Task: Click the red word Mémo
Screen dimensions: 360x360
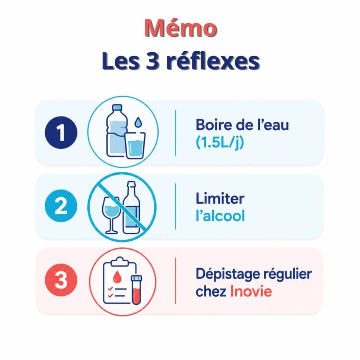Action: (181, 28)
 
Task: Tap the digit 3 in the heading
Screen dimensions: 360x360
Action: (153, 61)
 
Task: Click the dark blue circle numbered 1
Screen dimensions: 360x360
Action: (61, 133)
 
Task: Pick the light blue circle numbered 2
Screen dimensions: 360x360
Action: (61, 206)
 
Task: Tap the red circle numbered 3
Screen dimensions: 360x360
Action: (61, 279)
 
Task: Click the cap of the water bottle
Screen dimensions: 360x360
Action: (117, 107)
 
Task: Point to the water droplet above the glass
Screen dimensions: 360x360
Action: (138, 122)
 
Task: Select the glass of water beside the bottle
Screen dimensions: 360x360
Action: (135, 145)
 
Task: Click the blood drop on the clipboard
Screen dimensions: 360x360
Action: (117, 276)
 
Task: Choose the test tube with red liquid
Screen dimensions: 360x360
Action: (136, 290)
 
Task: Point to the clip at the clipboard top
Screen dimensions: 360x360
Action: (120, 262)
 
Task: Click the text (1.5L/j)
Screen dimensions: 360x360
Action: (220, 143)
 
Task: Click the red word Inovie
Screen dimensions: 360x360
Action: (251, 291)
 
